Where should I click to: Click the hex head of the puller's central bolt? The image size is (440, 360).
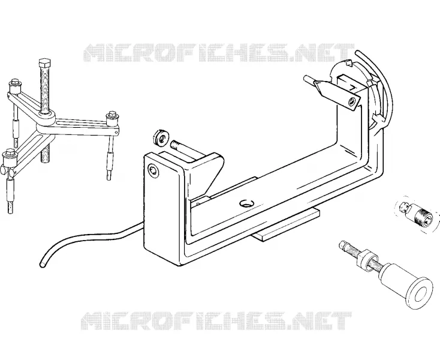click(45, 64)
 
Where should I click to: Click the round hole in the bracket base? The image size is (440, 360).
click(246, 203)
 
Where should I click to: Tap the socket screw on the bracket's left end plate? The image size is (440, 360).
click(153, 171)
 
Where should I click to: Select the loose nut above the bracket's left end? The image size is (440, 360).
click(161, 137)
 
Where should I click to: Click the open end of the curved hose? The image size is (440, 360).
click(43, 264)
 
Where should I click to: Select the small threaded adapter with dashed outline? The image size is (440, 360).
click(415, 214)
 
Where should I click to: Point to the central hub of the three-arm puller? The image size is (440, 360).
click(46, 119)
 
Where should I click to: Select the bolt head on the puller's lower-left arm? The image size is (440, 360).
click(8, 153)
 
